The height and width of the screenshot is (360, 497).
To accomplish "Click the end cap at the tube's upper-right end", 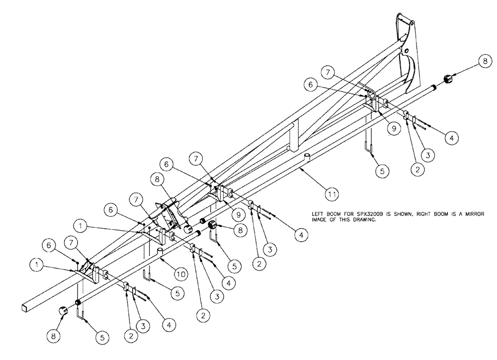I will [x=448, y=79].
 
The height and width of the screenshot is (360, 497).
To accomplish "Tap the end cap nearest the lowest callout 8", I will [x=63, y=311].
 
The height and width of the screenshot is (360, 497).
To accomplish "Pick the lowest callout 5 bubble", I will [x=102, y=337].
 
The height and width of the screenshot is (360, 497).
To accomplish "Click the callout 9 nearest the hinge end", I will [x=393, y=128].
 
